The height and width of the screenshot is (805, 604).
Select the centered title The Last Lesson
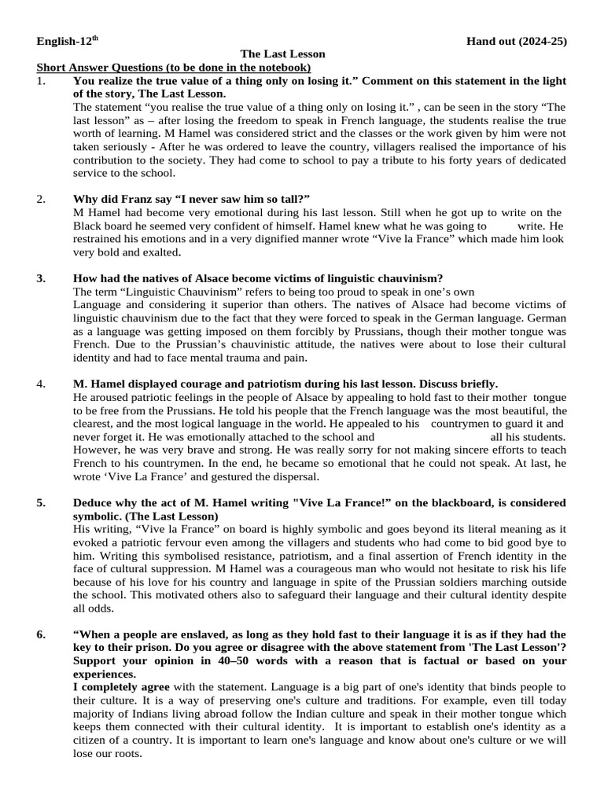click(x=282, y=54)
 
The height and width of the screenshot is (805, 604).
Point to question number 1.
click(x=42, y=81)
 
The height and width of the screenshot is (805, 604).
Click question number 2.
click(x=42, y=199)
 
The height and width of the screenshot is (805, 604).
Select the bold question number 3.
click(x=42, y=278)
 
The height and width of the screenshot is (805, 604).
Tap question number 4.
click(x=42, y=384)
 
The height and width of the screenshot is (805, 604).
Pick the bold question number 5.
click(x=42, y=502)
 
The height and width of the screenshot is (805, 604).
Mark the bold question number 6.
click(x=42, y=634)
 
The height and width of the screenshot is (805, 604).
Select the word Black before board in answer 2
click(x=88, y=226)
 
